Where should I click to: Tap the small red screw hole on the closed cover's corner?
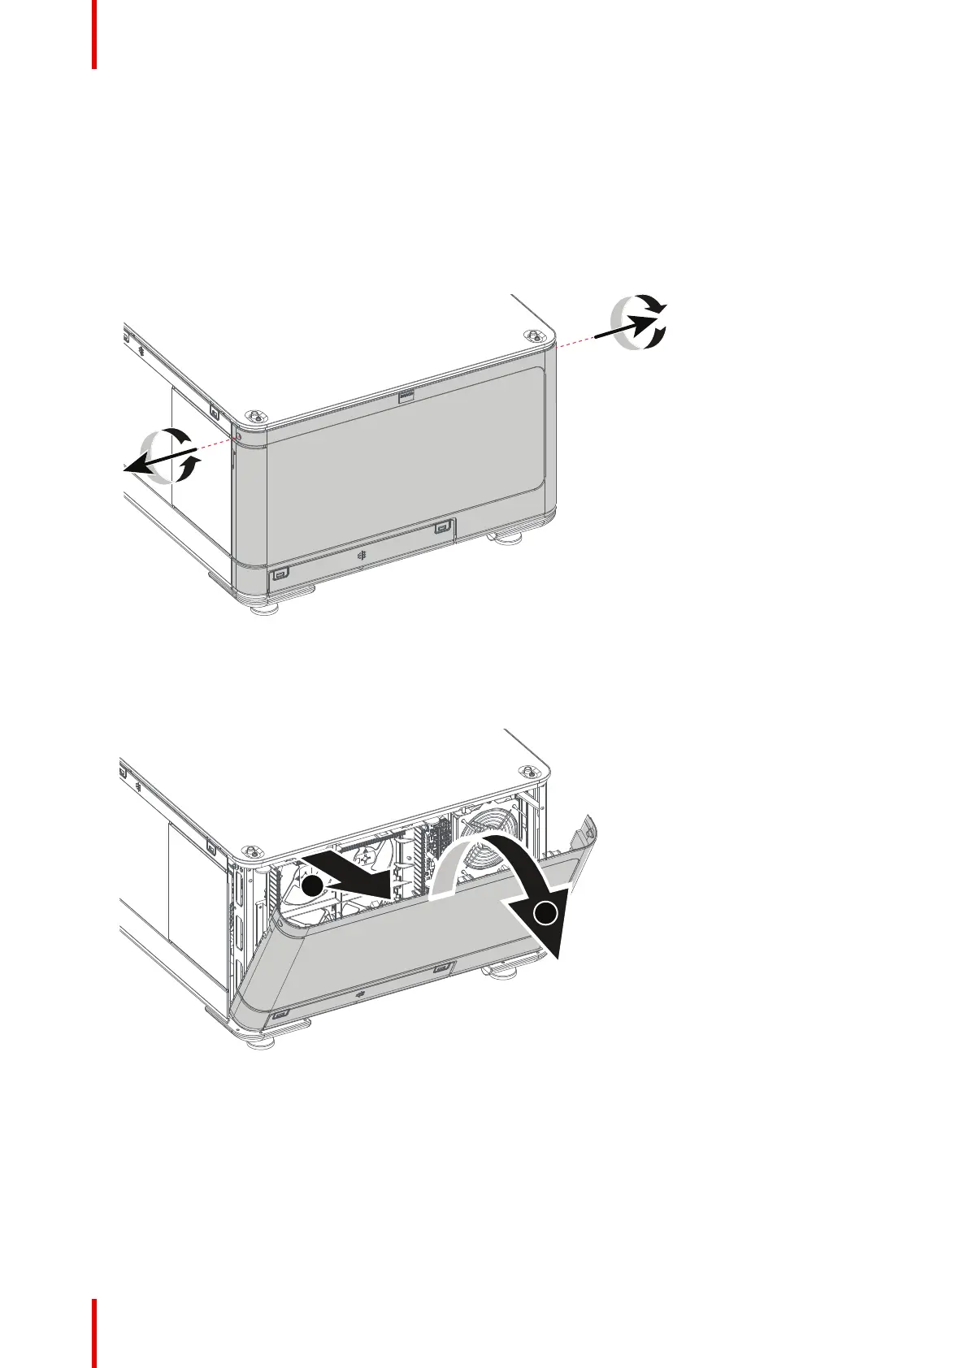[x=239, y=439]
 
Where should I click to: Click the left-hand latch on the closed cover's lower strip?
[x=280, y=574]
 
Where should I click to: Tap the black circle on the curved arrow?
[x=548, y=915]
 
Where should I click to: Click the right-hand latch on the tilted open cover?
[x=441, y=968]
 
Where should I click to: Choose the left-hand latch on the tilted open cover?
[x=280, y=1015]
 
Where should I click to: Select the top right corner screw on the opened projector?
[x=529, y=772]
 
